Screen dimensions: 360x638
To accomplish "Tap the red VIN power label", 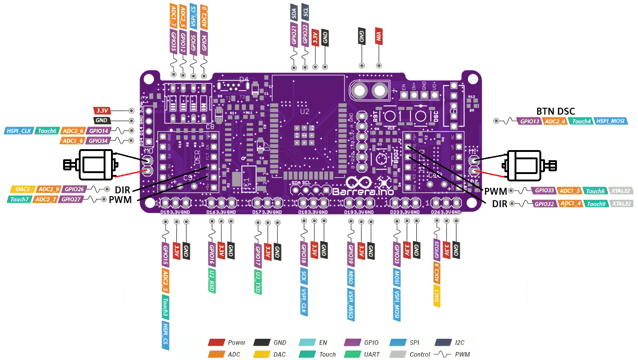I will [x=378, y=36].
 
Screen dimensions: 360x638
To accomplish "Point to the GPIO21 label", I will [x=294, y=35].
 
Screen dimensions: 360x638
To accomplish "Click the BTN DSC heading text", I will [x=555, y=111].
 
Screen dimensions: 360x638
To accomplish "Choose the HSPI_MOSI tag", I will [x=609, y=121].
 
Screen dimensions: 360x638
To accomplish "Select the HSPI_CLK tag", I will [x=18, y=131].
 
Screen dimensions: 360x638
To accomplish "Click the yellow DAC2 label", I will [x=23, y=189].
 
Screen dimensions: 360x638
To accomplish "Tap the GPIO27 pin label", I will [x=71, y=199].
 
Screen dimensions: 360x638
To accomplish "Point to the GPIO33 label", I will [x=544, y=191].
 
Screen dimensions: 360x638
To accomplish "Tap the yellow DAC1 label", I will [x=437, y=296].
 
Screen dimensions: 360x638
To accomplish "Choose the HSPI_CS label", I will [x=165, y=335].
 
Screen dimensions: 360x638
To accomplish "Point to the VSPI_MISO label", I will [x=351, y=304].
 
